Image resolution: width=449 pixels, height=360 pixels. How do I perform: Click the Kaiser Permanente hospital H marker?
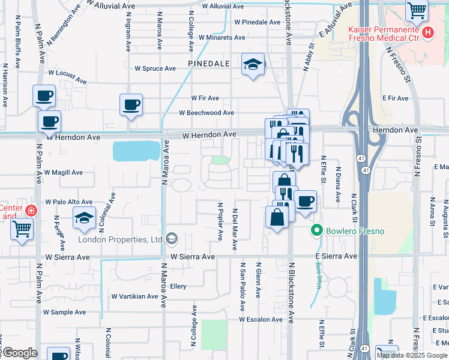tap(427, 33)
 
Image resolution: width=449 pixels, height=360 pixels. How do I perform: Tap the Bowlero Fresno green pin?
tap(317, 230)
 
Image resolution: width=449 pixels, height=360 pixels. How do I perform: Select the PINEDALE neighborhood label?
tap(208, 62)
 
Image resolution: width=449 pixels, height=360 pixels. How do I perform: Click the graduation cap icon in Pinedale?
tap(253, 64)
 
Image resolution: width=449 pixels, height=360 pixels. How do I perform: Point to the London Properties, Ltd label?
tap(121, 239)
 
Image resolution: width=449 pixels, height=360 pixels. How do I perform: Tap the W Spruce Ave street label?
tap(155, 68)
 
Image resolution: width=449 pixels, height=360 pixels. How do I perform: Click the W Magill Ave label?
tap(63, 172)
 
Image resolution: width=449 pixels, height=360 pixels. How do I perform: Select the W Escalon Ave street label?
tap(261, 319)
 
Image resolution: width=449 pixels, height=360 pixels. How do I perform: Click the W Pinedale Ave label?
tap(258, 22)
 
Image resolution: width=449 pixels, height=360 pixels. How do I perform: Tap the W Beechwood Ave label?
tap(206, 113)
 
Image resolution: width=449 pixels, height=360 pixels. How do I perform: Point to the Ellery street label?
tap(178, 286)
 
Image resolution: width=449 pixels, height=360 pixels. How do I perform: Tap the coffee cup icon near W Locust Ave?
tap(44, 96)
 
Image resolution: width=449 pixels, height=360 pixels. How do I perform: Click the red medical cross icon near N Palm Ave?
tap(31, 211)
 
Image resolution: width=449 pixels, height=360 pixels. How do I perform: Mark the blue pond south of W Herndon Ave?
tap(136, 151)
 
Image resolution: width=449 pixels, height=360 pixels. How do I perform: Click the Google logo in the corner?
tap(20, 353)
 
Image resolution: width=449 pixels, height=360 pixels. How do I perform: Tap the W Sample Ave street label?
tap(64, 312)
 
